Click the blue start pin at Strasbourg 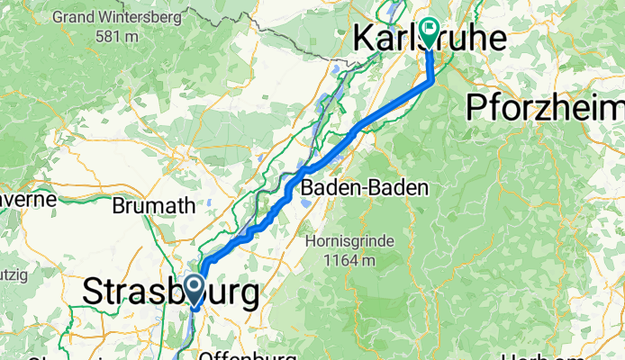pyautogui.click(x=193, y=291)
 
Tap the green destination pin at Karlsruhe pyautogui.click(x=429, y=33)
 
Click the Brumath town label pyautogui.click(x=153, y=205)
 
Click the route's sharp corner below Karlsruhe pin pyautogui.click(x=433, y=80)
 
